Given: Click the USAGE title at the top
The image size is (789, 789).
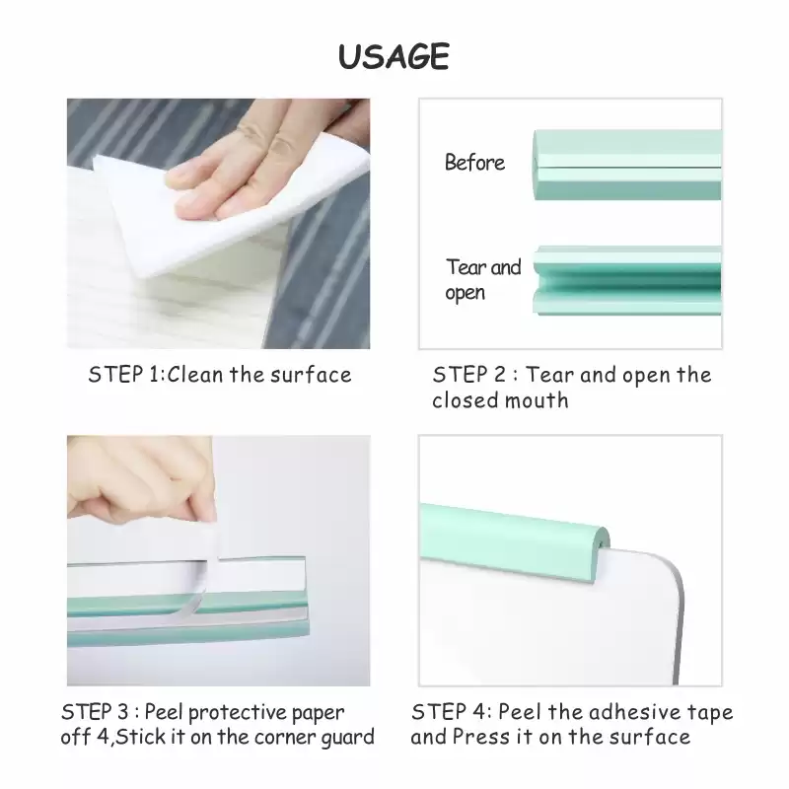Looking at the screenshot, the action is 394,56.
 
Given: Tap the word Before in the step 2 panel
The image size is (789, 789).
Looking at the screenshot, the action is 474,163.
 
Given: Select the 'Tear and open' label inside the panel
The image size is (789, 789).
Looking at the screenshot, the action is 483,280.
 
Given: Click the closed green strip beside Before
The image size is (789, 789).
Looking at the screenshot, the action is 627,165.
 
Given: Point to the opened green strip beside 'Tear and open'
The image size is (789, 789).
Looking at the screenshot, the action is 627,280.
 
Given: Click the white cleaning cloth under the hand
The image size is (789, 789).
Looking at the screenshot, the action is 221,211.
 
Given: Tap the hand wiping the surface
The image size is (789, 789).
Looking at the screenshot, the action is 261,161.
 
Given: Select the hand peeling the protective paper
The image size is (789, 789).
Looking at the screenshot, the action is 141,483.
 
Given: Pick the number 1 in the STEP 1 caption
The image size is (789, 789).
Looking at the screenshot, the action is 154,375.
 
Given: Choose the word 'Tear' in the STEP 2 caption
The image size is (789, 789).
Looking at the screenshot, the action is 548,375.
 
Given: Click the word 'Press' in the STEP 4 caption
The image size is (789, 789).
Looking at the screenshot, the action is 481,737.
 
